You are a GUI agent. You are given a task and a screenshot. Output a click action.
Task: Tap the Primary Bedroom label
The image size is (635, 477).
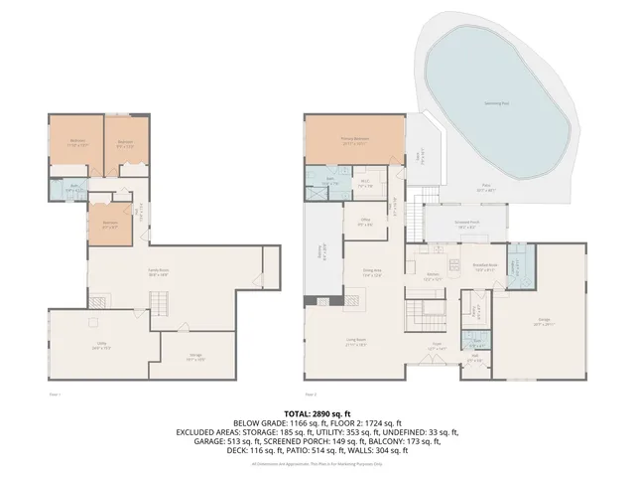355,140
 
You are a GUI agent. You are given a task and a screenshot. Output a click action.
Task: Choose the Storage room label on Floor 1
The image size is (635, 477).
194,359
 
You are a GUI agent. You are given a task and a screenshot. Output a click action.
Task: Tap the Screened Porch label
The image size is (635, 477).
467,227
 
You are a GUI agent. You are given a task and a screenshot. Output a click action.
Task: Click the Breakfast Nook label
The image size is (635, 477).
485,266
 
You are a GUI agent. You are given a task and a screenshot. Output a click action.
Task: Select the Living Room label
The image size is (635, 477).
354,344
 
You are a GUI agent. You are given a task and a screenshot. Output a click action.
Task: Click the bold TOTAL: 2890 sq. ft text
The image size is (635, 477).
317,411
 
